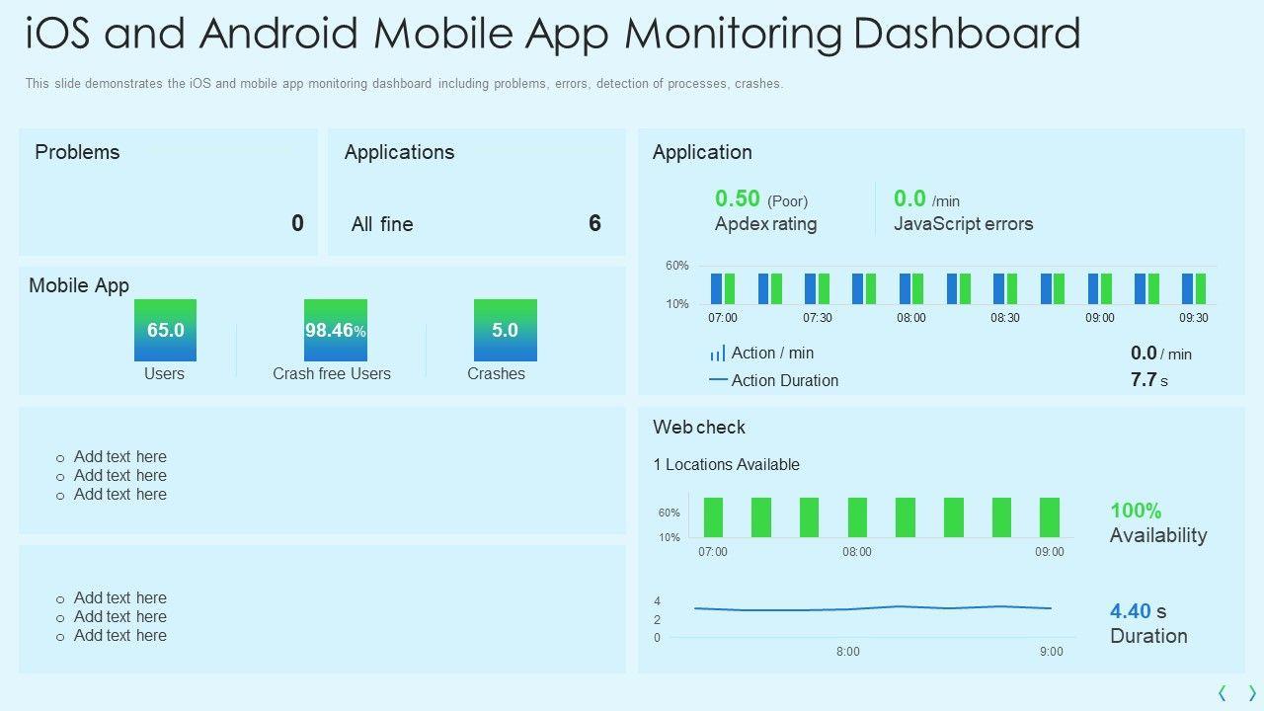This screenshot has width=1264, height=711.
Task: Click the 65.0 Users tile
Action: (x=165, y=330)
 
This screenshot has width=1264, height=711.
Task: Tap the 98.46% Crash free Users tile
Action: (x=335, y=330)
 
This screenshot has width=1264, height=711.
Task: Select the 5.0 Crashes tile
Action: (x=505, y=330)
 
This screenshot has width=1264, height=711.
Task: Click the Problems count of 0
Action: (x=297, y=223)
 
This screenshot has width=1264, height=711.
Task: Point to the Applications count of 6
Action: (x=594, y=223)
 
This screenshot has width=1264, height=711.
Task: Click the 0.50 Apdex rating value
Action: (x=738, y=199)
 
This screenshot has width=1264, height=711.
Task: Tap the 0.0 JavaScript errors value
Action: (x=909, y=199)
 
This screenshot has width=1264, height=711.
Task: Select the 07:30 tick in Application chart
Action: (x=817, y=318)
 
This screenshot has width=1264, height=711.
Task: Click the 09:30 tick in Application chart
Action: (x=1194, y=318)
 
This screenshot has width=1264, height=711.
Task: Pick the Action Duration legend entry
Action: (x=784, y=380)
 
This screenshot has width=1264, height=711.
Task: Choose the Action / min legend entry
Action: (x=772, y=353)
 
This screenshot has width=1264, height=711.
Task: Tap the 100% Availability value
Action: (x=1136, y=511)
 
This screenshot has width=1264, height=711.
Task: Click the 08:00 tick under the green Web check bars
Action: (x=857, y=552)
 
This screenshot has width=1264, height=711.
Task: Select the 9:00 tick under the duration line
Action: (x=1052, y=652)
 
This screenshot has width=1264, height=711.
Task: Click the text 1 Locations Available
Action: (x=726, y=464)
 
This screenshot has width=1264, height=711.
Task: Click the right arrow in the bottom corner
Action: (x=1252, y=693)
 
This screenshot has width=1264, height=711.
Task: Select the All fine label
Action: (x=382, y=224)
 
